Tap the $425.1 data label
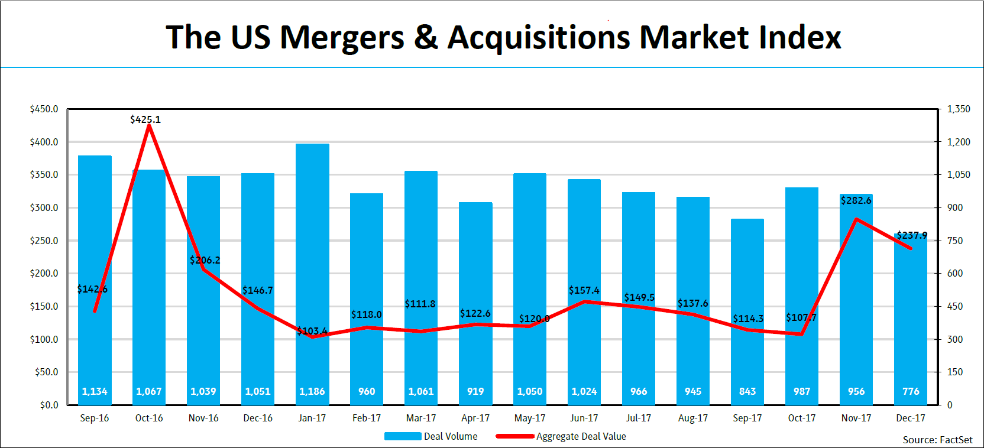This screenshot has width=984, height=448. (145, 119)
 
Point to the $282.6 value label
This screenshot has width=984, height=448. (856, 200)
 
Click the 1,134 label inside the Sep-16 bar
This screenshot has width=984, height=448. (95, 391)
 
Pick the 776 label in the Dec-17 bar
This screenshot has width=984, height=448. (911, 391)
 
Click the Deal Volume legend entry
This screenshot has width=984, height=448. (431, 436)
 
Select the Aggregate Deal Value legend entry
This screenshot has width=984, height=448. (561, 436)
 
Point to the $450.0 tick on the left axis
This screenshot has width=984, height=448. (44, 109)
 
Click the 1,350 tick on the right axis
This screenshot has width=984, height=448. (959, 109)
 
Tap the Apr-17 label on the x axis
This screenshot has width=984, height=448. (475, 418)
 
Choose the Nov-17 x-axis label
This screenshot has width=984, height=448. (856, 418)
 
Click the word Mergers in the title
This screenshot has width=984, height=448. (342, 37)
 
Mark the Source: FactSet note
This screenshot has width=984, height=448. (937, 440)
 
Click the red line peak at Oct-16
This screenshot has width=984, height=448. (149, 125)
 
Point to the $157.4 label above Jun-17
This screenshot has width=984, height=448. (584, 290)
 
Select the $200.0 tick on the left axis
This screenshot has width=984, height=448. (44, 273)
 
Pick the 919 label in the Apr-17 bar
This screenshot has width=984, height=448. (475, 391)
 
